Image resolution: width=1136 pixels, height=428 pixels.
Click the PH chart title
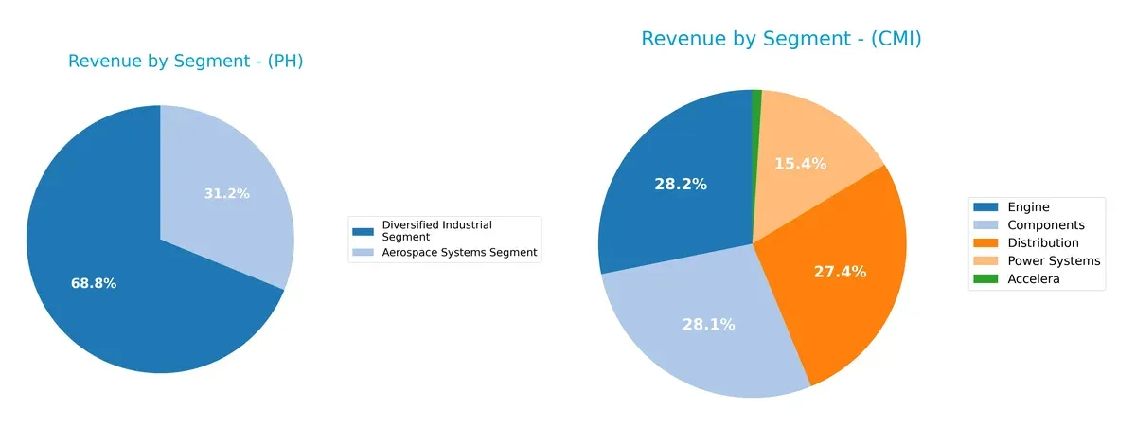point(186,62)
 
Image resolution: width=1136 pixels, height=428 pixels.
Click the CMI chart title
point(781,39)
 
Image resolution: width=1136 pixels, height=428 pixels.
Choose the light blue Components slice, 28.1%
point(701,341)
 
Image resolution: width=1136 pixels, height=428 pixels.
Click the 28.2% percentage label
point(680,184)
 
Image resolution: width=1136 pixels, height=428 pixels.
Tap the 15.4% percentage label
point(800,164)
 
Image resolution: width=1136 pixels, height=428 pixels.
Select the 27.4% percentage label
point(840,272)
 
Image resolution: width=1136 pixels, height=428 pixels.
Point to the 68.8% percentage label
point(94,283)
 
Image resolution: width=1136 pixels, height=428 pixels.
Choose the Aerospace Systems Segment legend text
point(459,252)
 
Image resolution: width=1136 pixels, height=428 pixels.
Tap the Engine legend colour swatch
point(985,206)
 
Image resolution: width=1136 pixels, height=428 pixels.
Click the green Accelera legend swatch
point(985,278)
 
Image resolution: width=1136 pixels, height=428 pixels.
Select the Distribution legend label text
point(1043,242)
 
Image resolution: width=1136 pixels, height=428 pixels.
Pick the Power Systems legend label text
point(1054,260)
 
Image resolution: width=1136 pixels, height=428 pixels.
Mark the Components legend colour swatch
point(985,224)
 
